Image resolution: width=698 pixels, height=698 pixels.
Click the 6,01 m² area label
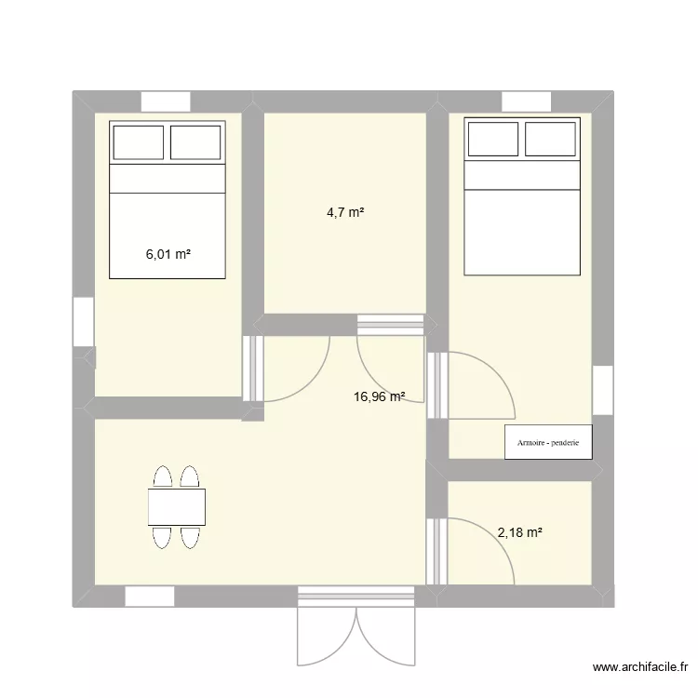click(168, 254)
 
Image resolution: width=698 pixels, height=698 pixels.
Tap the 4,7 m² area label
click(345, 212)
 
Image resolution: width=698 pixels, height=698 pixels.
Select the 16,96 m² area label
click(380, 396)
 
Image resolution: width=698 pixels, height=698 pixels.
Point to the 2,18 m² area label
click(519, 532)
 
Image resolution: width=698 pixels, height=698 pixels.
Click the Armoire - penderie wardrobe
click(548, 442)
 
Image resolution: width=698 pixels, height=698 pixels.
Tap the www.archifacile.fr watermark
click(640, 667)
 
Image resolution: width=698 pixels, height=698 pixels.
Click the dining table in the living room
click(177, 507)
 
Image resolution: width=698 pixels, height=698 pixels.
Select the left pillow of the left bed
click(139, 142)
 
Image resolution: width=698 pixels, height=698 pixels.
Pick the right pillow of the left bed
click(195, 142)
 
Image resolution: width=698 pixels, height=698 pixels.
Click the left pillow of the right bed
click(493, 139)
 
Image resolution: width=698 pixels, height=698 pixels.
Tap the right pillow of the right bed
click(550, 139)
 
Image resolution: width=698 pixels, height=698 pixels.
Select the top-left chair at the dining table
click(163, 477)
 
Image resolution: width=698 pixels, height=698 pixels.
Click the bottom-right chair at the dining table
click(190, 537)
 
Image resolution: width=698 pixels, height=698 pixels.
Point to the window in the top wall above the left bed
click(166, 101)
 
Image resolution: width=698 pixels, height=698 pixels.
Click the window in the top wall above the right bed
click(527, 101)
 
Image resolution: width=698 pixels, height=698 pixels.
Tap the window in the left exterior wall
click(83, 321)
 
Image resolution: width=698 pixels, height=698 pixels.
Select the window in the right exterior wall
click(603, 390)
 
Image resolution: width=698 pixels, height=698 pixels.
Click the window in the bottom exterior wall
click(150, 597)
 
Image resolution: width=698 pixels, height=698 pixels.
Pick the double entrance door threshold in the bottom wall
click(356, 597)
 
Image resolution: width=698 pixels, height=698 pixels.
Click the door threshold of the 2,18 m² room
click(436, 551)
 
